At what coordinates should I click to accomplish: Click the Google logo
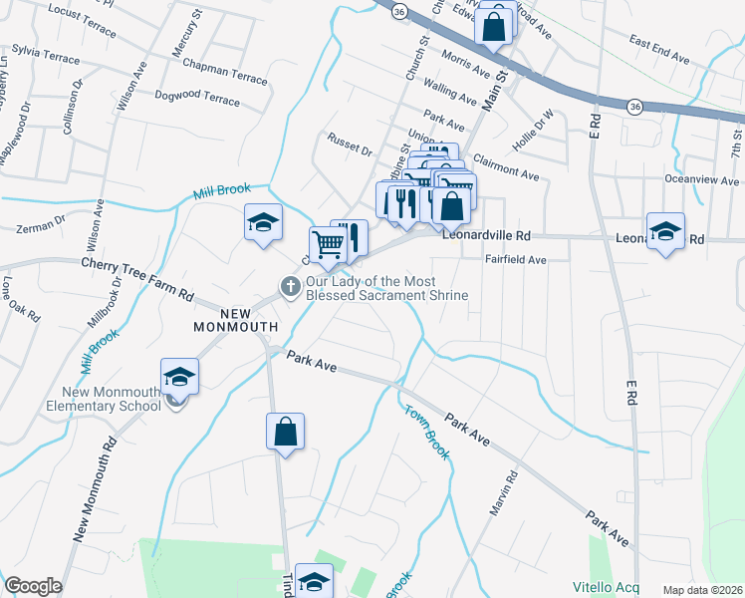[33, 586]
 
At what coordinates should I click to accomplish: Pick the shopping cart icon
[328, 244]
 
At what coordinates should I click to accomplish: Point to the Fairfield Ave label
[516, 260]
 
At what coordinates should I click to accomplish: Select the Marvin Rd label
[502, 493]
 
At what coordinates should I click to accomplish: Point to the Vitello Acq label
[606, 586]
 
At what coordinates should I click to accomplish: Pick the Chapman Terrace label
[225, 71]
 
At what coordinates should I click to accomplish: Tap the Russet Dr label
[350, 145]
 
